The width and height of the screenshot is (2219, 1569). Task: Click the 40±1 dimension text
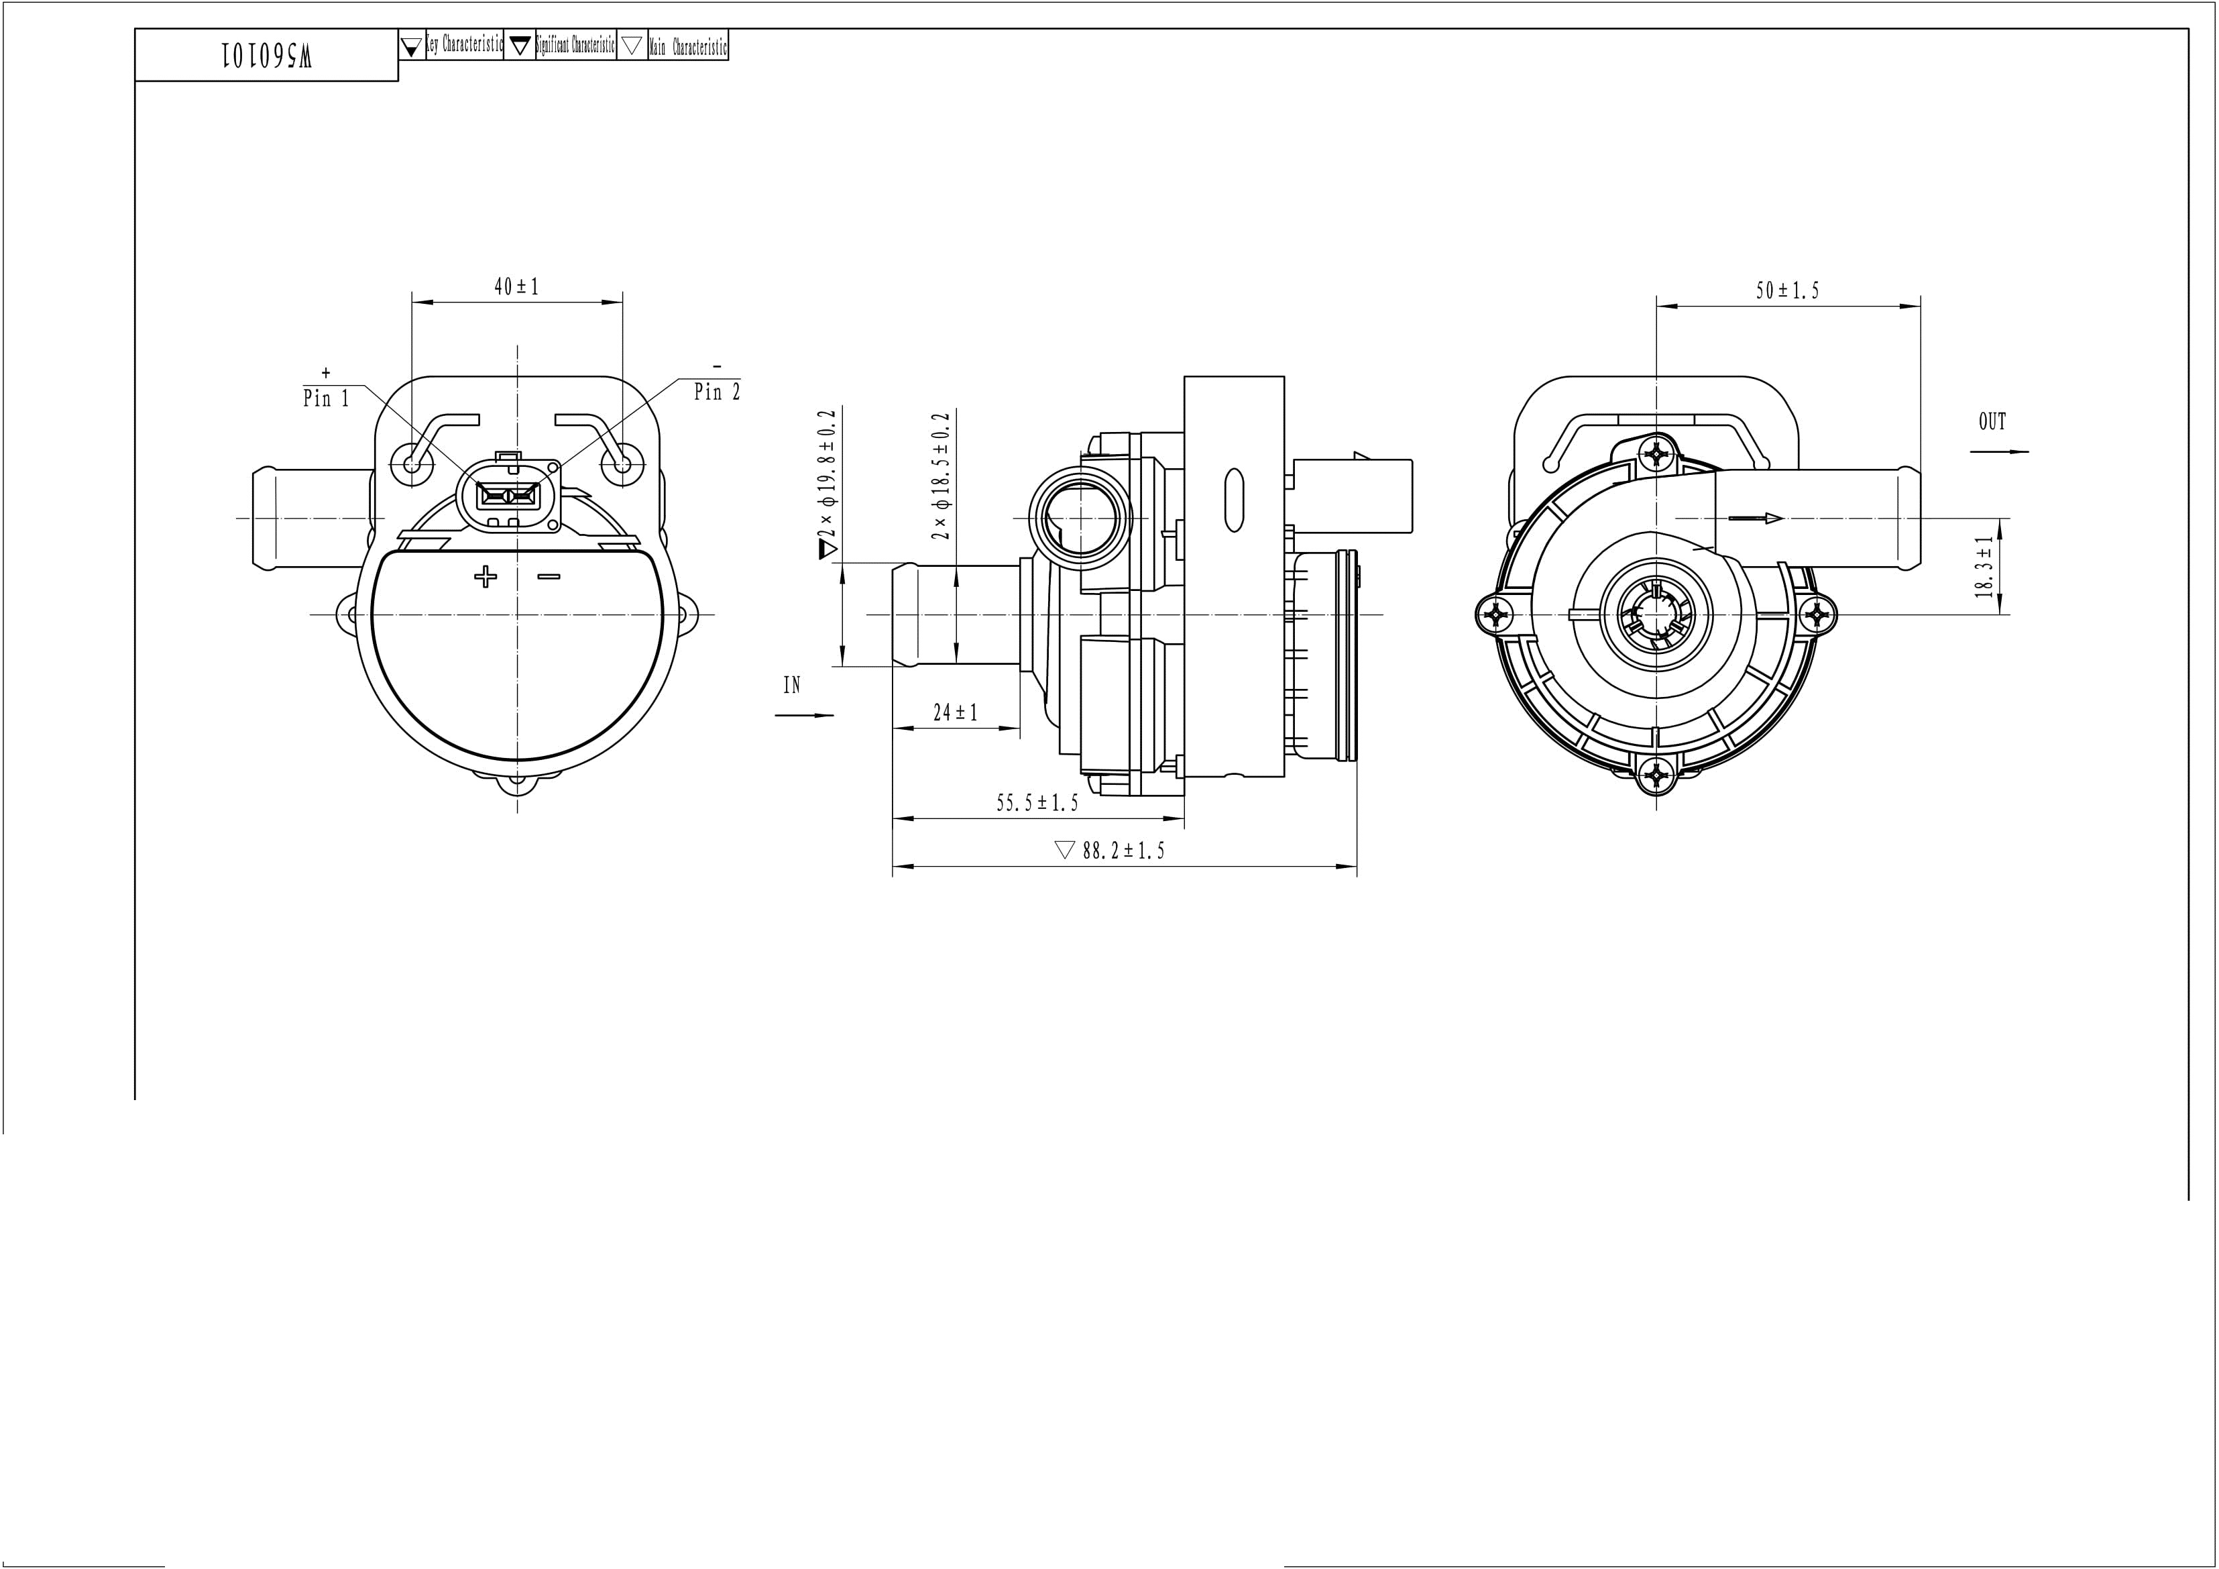[516, 287]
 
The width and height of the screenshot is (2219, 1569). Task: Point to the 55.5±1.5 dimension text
[1037, 802]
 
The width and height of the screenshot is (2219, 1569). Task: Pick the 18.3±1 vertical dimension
[1985, 567]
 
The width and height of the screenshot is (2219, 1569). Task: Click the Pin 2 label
[717, 392]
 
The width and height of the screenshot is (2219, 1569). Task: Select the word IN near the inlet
[791, 686]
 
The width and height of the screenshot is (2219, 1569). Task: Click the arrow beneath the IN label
[804, 715]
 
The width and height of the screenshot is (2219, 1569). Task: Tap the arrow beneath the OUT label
[2000, 451]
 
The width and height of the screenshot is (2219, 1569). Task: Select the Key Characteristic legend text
[465, 46]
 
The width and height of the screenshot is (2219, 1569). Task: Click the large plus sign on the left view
[485, 578]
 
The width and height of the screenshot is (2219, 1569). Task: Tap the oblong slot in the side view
[1233, 500]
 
